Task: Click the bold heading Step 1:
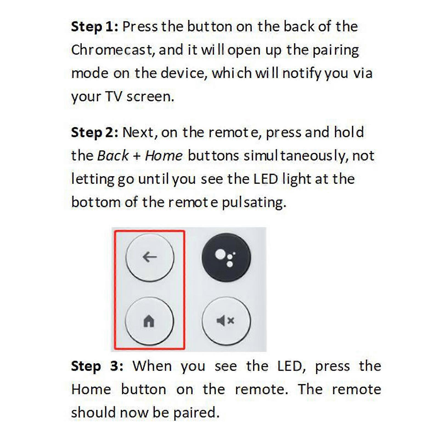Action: tap(94, 27)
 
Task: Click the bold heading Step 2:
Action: tap(94, 133)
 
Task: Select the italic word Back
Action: tap(113, 156)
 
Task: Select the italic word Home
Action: tap(164, 156)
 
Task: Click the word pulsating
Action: tap(254, 203)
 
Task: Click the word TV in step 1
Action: tap(113, 97)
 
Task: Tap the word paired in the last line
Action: tap(196, 413)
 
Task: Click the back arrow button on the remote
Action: tap(150, 257)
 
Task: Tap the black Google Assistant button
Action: tap(226, 257)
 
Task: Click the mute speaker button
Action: tap(226, 320)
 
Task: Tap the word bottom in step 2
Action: tap(96, 202)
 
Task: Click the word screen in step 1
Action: tap(150, 97)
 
